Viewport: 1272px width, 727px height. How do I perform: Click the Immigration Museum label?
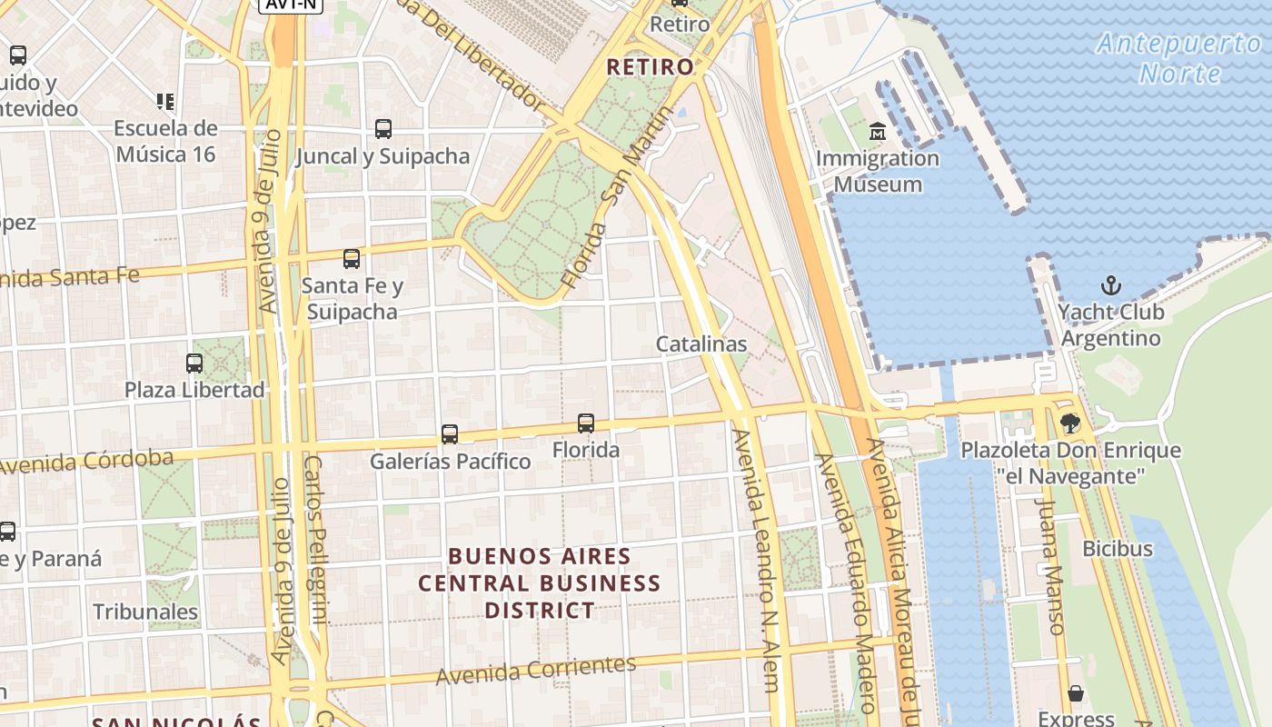click(878, 171)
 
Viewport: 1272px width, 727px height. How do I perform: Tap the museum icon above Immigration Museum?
click(878, 133)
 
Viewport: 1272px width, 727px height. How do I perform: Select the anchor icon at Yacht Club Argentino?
click(1110, 286)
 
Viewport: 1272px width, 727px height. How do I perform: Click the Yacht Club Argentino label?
click(1110, 325)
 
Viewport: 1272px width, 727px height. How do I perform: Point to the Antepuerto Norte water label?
click(1179, 57)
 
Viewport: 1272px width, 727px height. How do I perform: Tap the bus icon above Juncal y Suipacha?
click(383, 129)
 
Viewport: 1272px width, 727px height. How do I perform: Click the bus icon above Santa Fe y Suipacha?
click(352, 259)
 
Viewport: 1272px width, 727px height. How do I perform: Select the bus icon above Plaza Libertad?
click(194, 363)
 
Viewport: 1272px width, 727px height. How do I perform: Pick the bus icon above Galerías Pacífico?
click(450, 434)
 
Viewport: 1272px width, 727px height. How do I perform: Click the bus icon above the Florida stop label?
click(586, 423)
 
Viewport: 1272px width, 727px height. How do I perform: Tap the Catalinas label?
click(701, 344)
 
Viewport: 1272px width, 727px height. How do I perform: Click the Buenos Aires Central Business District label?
click(540, 583)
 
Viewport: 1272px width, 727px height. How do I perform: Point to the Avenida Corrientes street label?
click(536, 670)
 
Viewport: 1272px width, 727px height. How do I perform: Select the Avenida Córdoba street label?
click(86, 462)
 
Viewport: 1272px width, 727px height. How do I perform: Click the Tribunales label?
click(145, 612)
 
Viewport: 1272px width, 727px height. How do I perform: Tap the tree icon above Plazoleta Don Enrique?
click(1070, 423)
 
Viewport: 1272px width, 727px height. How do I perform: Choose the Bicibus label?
click(1117, 549)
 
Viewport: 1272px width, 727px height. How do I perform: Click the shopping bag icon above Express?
click(1076, 694)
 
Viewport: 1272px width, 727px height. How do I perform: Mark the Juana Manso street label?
click(1050, 565)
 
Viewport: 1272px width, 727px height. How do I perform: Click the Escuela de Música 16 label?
click(165, 141)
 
